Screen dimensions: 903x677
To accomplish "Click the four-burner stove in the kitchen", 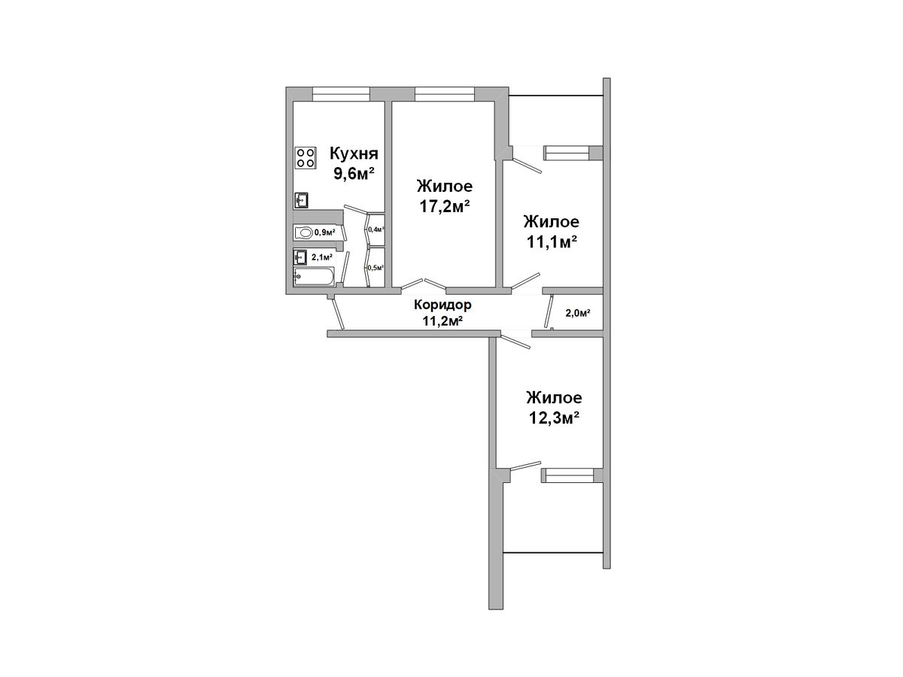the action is (x=306, y=158).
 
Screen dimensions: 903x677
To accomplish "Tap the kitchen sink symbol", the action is (x=301, y=201).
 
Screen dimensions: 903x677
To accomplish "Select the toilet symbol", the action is (x=303, y=232).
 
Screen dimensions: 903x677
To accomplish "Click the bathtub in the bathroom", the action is (x=314, y=276).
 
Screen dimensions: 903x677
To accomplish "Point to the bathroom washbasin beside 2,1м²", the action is (x=300, y=257).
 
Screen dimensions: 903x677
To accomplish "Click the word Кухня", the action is (x=354, y=154).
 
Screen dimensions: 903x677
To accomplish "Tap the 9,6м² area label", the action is (x=354, y=174).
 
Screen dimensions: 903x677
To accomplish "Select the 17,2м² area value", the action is (x=444, y=206).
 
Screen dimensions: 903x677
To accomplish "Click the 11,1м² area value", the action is (x=551, y=241).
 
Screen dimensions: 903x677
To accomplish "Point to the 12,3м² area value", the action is (x=554, y=417).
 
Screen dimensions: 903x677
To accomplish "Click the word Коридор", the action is (x=442, y=305).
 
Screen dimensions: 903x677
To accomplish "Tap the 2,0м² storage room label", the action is (x=578, y=313).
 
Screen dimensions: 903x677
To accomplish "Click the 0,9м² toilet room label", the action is (x=325, y=232).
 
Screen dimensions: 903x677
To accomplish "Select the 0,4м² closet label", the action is (x=376, y=229).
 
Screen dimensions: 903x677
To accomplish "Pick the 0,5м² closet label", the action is (x=375, y=268).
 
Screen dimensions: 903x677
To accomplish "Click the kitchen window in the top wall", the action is (x=341, y=94).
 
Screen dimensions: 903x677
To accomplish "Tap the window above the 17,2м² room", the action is (x=444, y=94).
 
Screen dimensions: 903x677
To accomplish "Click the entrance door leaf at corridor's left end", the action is (x=337, y=312).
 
